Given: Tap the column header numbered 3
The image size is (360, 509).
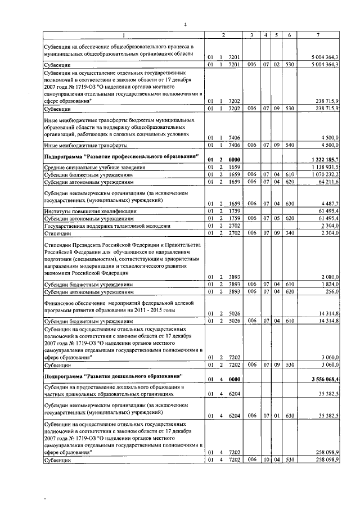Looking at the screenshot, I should coord(251,35).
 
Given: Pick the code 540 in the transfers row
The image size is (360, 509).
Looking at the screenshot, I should coord(289,146).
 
